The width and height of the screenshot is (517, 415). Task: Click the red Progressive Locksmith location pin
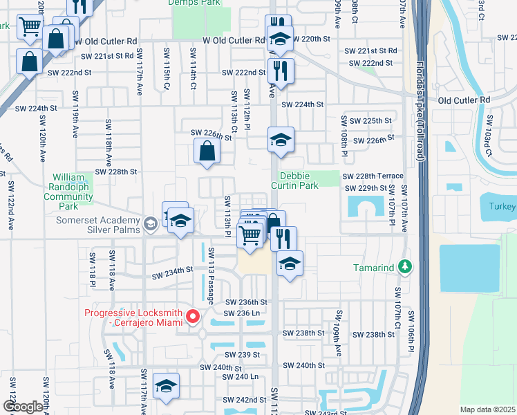tap(193, 317)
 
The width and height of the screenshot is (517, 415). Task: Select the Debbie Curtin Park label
tap(299, 181)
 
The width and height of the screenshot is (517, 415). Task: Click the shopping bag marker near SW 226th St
tap(207, 151)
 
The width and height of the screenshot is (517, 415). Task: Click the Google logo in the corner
tap(22, 407)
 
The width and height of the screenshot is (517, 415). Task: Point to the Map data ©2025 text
tap(487, 409)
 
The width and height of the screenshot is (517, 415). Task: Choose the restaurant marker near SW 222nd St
tap(281, 70)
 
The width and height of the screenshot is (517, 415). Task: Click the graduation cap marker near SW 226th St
tap(281, 140)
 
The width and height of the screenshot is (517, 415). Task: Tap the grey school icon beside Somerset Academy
tap(151, 223)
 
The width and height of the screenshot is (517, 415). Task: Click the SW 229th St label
tap(366, 188)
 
